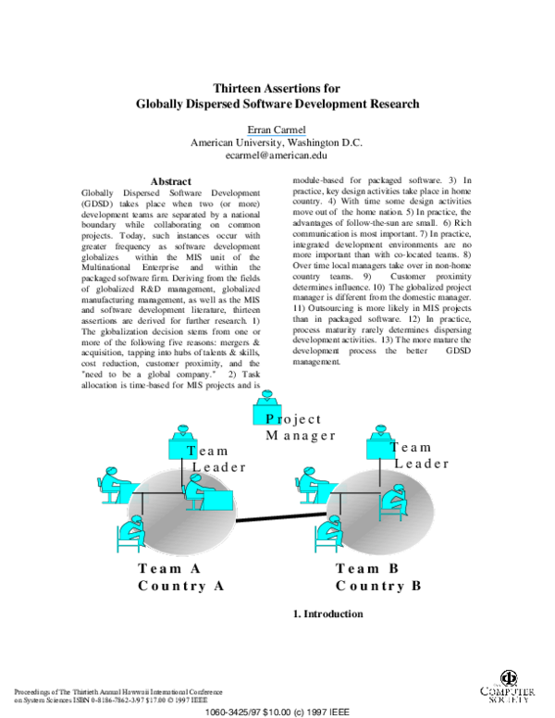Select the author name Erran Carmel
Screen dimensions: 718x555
tap(277, 128)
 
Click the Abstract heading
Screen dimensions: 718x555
tap(170, 180)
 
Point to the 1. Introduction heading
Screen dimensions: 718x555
tap(327, 613)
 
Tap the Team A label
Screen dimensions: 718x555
tap(169, 569)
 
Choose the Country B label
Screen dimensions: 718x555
tap(378, 586)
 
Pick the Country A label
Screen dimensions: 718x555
tap(181, 586)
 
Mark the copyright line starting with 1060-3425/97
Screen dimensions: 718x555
tap(277, 712)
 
